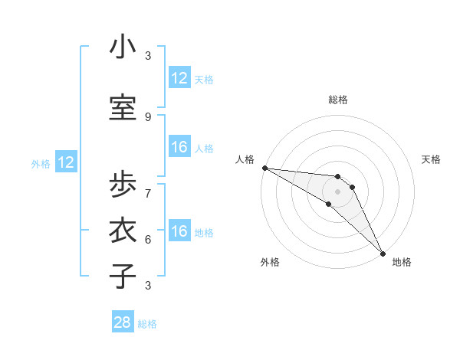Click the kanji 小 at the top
pos(123,48)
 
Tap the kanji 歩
pos(123,185)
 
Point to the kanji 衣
pos(123,231)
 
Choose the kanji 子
pos(123,276)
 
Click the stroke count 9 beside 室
pos(148,116)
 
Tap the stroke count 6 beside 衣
pos(148,239)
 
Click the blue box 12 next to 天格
pos(179,78)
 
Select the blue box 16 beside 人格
pos(179,147)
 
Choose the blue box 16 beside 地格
pos(179,232)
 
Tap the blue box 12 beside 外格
pos(66,162)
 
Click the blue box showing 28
pos(123,323)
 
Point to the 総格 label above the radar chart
pos(338,100)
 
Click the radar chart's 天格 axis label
pos(431,159)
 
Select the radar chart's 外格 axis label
pos(270,262)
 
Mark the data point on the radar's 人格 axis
pos(264,168)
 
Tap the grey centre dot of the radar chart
pos(338,191)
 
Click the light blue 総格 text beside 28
pos(147,324)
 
